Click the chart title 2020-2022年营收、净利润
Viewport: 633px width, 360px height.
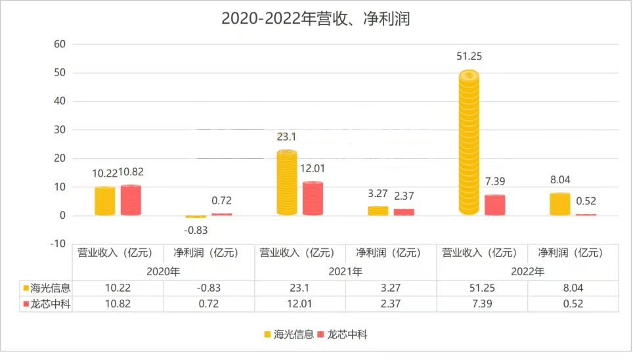pyautogui.click(x=315, y=19)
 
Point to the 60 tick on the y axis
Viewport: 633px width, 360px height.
pyautogui.click(x=60, y=44)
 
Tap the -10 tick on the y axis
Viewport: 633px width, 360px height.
pyautogui.click(x=58, y=244)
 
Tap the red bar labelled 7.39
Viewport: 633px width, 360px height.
pyautogui.click(x=494, y=205)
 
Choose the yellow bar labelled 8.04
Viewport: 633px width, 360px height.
pyautogui.click(x=559, y=204)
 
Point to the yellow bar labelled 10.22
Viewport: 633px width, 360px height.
pyautogui.click(x=105, y=201)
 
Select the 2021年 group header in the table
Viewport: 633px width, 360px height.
pyautogui.click(x=345, y=271)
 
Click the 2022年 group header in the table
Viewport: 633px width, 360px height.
pyautogui.click(x=528, y=271)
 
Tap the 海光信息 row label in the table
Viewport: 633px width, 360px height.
pyautogui.click(x=47, y=288)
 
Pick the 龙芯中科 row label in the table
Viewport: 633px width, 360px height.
pyautogui.click(x=47, y=304)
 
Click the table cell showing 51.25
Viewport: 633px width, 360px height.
pyautogui.click(x=483, y=288)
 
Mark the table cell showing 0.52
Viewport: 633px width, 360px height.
pyautogui.click(x=573, y=304)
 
